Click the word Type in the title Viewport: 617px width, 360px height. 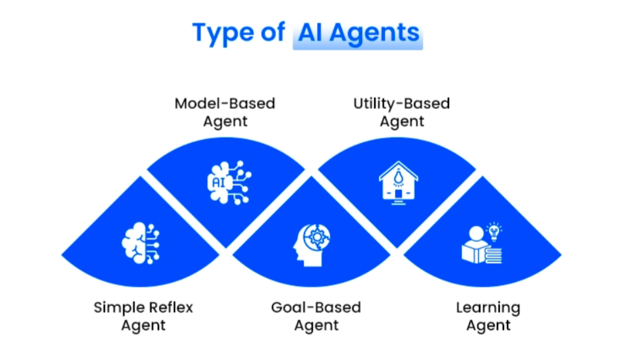coord(219,32)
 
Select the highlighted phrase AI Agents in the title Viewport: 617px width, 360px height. coord(357,32)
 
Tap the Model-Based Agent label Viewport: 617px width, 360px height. coord(225,112)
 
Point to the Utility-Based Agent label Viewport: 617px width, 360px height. coord(401,112)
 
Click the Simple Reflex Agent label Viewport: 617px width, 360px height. coord(143,316)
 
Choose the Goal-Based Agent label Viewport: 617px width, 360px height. coord(316,316)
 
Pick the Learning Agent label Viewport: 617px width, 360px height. coord(488,316)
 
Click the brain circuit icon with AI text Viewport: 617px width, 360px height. coord(228,181)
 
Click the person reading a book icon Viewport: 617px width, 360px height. coord(482,244)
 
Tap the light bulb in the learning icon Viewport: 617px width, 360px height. coord(495,231)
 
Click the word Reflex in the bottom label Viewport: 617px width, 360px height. coord(172,307)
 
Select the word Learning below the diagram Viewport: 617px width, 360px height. coord(488,307)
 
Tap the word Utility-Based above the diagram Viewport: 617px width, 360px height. coord(401,104)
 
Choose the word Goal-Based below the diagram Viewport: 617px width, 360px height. coord(316,307)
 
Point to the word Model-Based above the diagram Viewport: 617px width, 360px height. coord(225,104)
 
